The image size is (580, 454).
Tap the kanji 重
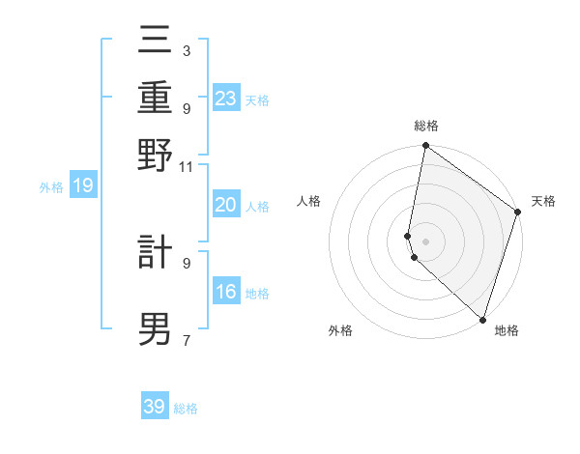(156, 98)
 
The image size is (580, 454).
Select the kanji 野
(156, 155)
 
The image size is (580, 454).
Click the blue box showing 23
(226, 99)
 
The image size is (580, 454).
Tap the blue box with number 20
(226, 205)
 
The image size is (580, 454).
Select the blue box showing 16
(226, 293)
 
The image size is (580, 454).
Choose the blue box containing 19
(83, 186)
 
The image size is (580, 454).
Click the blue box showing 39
(155, 407)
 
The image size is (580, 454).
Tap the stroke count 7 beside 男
(186, 340)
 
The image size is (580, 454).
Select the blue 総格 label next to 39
(187, 409)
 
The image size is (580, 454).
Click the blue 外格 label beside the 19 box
(51, 187)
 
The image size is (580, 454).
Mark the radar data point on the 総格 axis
(425, 146)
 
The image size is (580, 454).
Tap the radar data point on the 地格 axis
(482, 320)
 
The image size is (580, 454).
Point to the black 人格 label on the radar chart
(309, 201)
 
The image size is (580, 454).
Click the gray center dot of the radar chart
(425, 241)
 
